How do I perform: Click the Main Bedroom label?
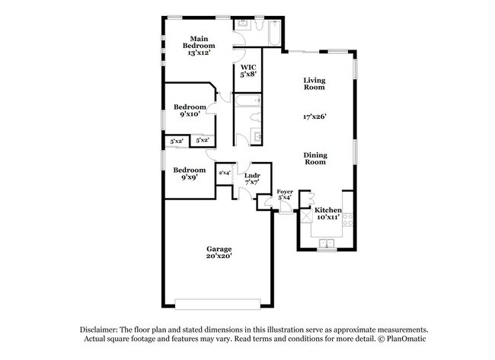pos(200,46)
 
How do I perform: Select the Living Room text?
pos(315,84)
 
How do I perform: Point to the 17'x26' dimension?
pos(315,117)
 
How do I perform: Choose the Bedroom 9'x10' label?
pos(189,110)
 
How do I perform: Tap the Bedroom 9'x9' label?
pos(189,173)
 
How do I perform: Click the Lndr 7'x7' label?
pos(252,179)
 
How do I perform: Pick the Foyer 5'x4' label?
pos(284,195)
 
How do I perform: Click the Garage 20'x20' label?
pos(219,253)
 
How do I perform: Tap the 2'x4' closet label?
pos(225,173)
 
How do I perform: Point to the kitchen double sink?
pos(327,243)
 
